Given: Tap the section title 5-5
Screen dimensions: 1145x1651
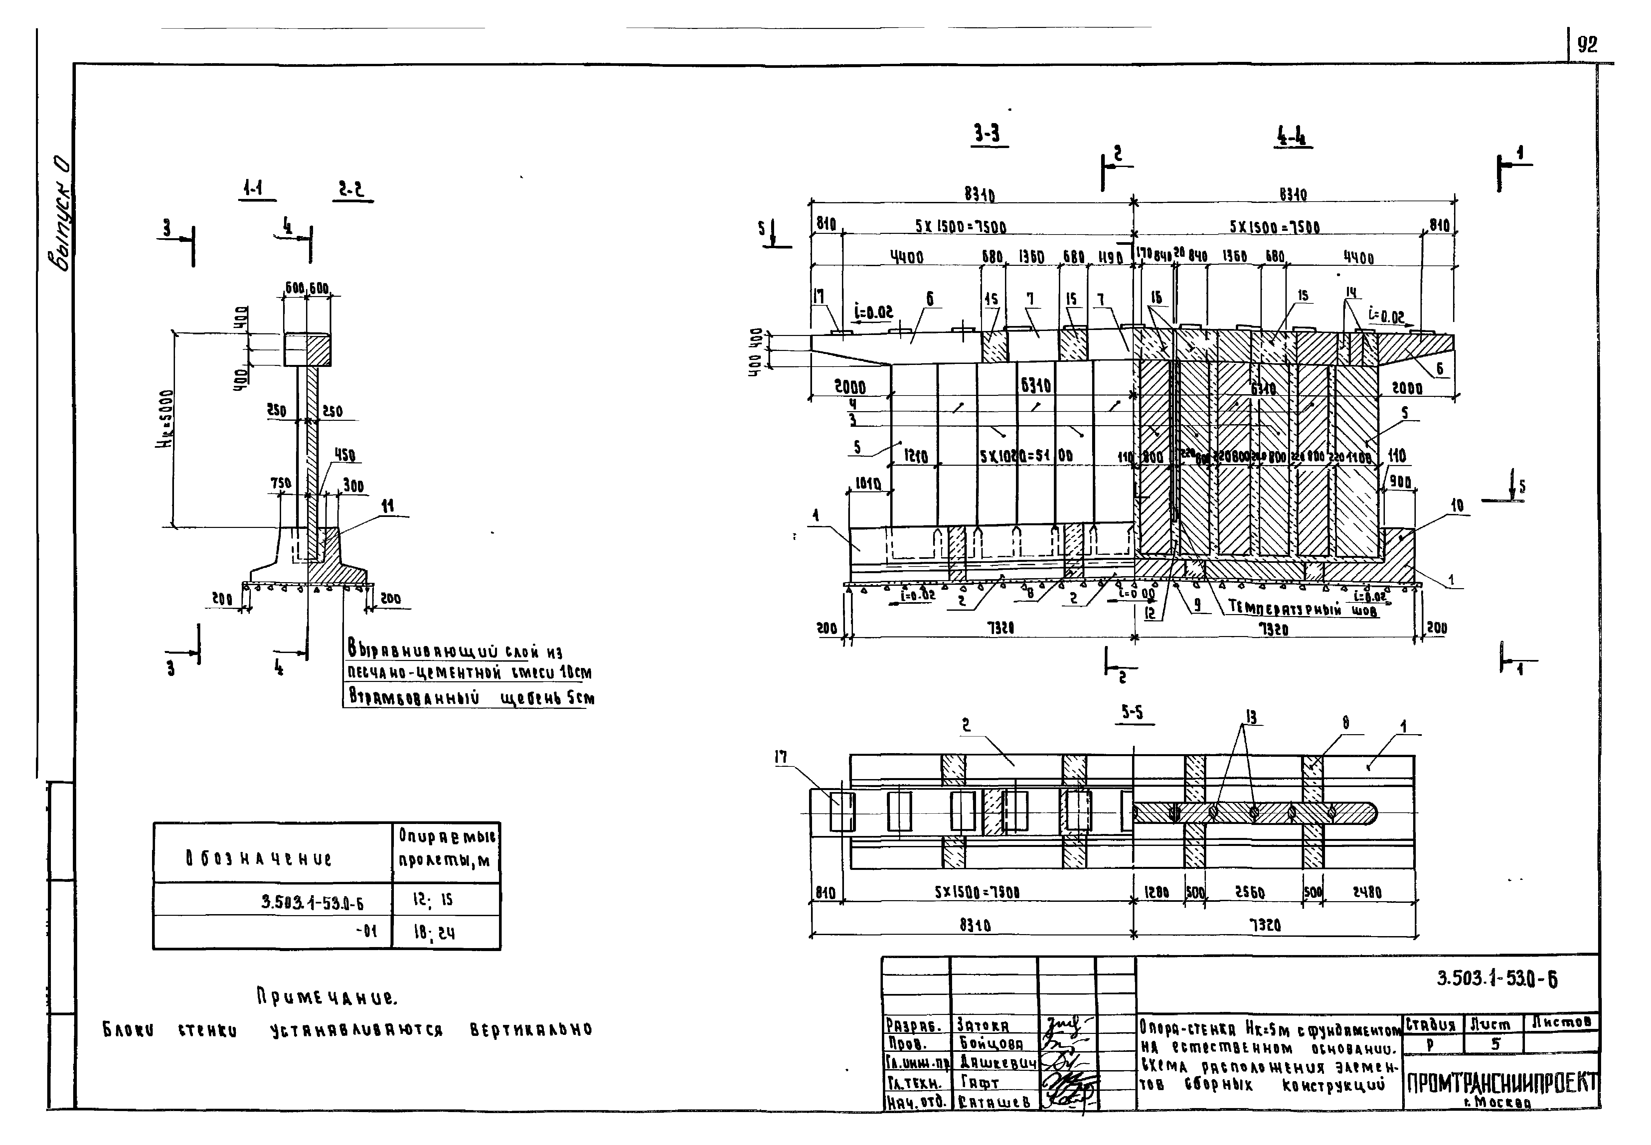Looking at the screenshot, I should point(1132,713).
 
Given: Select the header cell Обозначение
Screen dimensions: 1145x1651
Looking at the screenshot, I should point(258,858).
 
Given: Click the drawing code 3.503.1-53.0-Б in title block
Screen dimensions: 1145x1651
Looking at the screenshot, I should point(1497,979).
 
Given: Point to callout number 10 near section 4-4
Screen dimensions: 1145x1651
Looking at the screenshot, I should point(1456,506).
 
